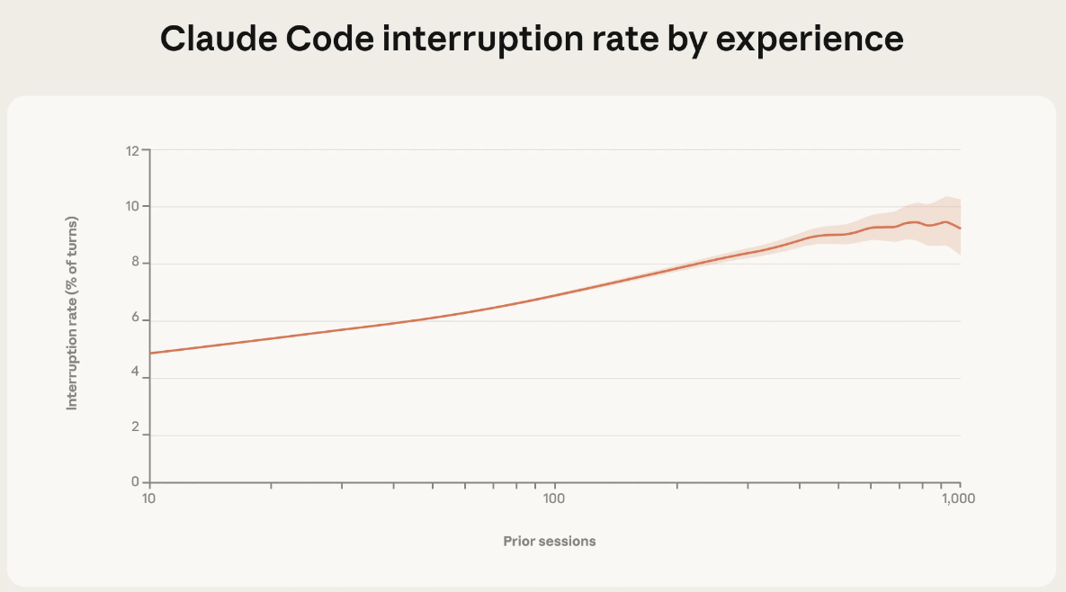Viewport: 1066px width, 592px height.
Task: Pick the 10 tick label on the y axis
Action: click(131, 207)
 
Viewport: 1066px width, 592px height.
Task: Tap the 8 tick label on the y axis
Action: click(135, 264)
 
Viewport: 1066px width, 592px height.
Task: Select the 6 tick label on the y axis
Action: click(135, 320)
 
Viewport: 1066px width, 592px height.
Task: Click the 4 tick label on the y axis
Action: click(135, 378)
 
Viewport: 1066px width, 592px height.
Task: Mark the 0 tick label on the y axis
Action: click(135, 482)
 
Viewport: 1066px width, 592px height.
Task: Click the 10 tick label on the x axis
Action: click(149, 498)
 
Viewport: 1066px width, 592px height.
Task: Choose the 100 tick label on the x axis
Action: click(554, 498)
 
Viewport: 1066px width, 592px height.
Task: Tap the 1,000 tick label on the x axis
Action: click(959, 498)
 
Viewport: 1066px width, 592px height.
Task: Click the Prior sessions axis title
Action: click(550, 542)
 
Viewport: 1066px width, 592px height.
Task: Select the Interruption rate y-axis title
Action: click(73, 314)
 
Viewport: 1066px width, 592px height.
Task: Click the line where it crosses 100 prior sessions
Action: click(555, 295)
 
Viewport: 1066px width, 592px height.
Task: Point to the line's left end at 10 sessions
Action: click(151, 353)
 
